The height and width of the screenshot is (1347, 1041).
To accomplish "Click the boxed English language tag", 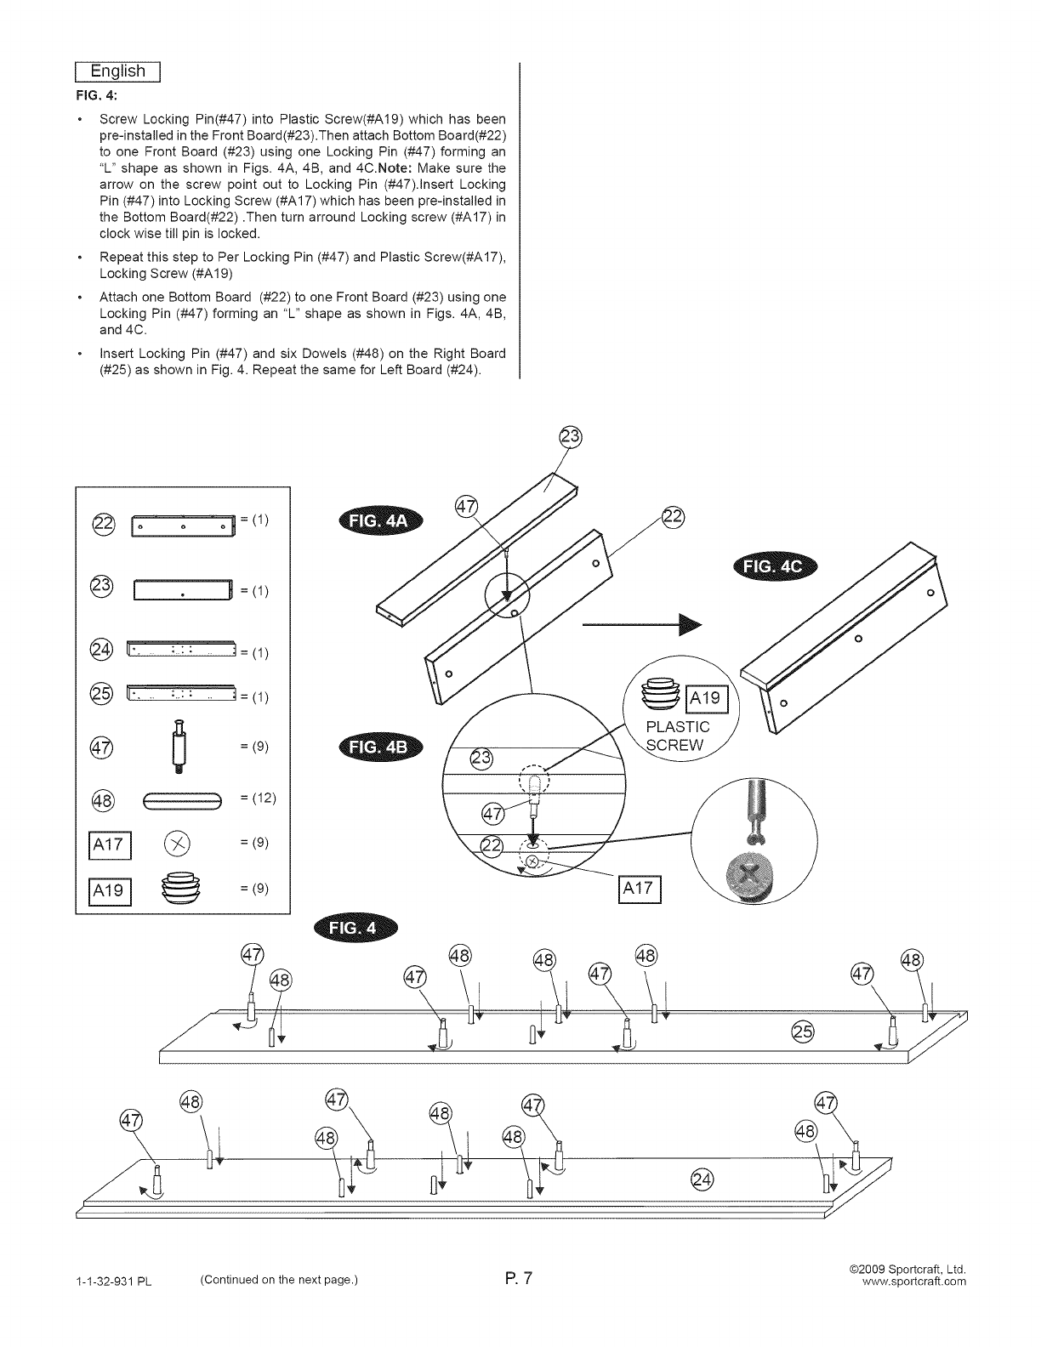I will click(118, 71).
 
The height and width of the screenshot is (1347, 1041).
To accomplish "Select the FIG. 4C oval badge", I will click(772, 568).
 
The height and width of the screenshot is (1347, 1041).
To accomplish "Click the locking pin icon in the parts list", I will click(179, 747).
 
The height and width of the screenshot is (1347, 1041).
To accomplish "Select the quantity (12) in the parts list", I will click(258, 798).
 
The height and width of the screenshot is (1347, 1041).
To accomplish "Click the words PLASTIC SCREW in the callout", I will click(678, 736).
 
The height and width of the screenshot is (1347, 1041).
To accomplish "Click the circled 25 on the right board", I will click(802, 1031).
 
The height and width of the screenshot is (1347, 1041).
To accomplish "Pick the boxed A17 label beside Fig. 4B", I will click(638, 888).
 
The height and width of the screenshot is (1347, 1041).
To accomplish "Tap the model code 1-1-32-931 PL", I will click(114, 1282).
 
